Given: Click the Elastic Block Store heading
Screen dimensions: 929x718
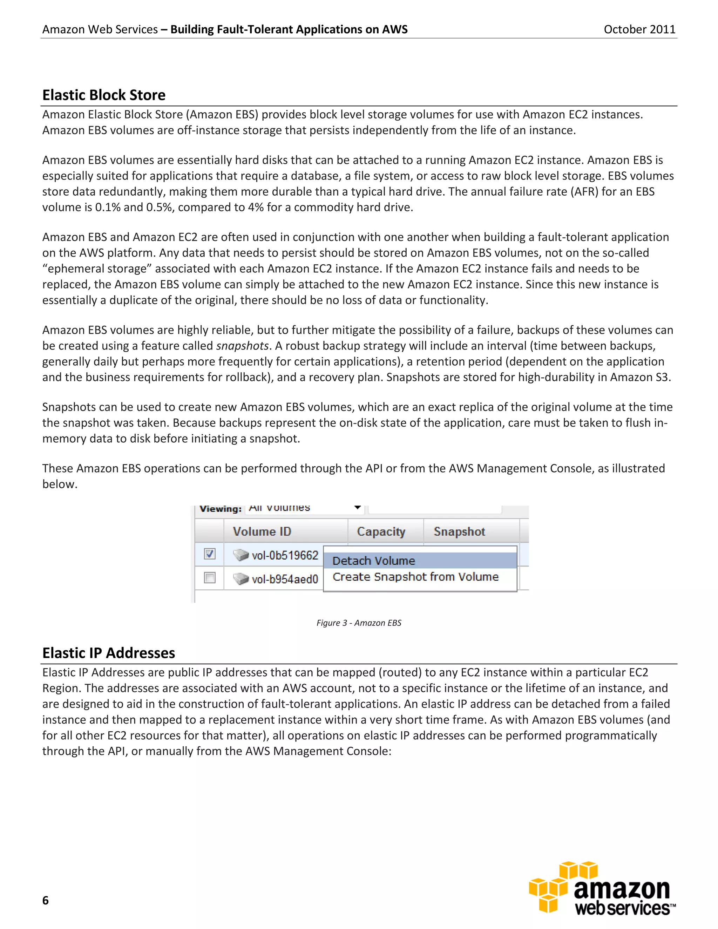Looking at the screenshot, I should pyautogui.click(x=104, y=95).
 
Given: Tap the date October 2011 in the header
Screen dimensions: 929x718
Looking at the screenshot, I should pyautogui.click(x=639, y=29).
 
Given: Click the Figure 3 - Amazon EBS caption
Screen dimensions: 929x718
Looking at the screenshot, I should pyautogui.click(x=359, y=623).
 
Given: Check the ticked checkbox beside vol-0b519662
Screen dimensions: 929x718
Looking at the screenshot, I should pyautogui.click(x=210, y=554).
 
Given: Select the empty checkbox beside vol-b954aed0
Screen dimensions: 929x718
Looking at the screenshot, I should pyautogui.click(x=210, y=578).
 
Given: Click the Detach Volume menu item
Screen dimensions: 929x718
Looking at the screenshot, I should pyautogui.click(x=373, y=561).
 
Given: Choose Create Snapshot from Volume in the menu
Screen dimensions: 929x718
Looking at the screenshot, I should pyautogui.click(x=415, y=577).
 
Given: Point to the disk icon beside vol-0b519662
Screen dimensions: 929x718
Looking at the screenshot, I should pyautogui.click(x=241, y=555).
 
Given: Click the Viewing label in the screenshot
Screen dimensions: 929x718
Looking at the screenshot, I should pyautogui.click(x=220, y=509).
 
